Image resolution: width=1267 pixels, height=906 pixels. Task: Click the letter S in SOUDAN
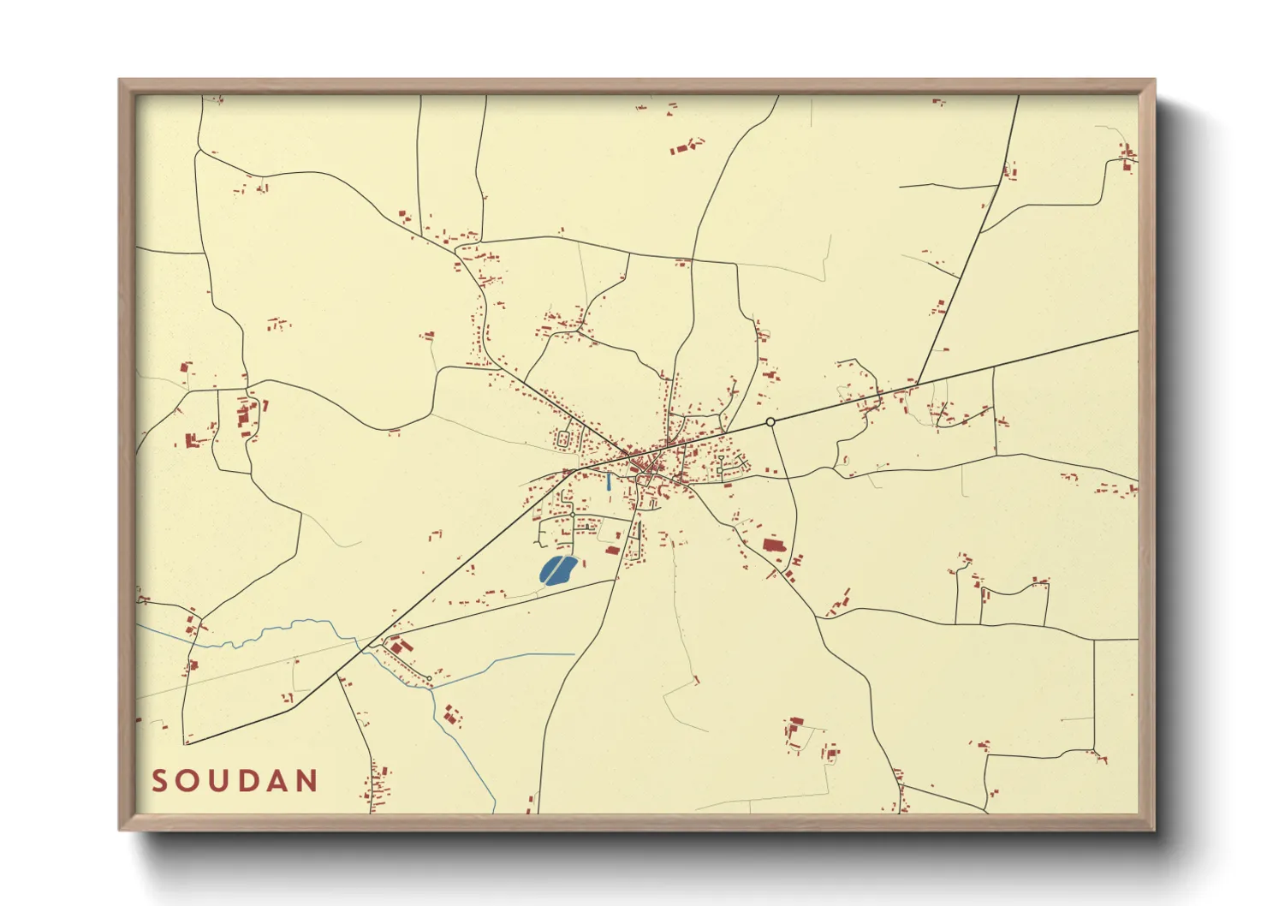tap(159, 781)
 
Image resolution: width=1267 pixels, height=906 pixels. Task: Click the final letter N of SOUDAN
tap(308, 781)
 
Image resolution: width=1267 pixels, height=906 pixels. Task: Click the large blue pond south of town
tap(556, 570)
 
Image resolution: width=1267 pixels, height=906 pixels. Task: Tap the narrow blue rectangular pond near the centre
tap(609, 481)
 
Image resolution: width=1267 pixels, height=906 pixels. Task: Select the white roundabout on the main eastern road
tap(770, 422)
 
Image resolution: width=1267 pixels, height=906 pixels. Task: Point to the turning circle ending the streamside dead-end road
tap(429, 679)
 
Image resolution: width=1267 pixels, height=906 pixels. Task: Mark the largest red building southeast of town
tap(773, 545)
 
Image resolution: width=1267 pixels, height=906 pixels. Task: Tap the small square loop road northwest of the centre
tap(565, 440)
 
